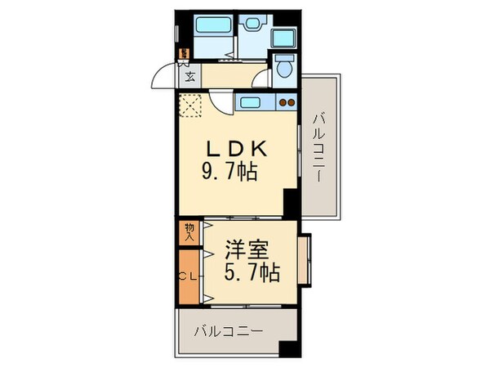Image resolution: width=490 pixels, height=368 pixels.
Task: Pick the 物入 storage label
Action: click(188, 231)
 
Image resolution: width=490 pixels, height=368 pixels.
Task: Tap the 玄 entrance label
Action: click(189, 79)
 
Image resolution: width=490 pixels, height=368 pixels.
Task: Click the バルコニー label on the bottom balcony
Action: click(229, 332)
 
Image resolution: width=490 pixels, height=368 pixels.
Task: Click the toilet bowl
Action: click(284, 70)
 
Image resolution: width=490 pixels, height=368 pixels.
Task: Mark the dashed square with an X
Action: click(191, 105)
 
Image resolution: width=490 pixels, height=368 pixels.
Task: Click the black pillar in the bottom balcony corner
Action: click(286, 348)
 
